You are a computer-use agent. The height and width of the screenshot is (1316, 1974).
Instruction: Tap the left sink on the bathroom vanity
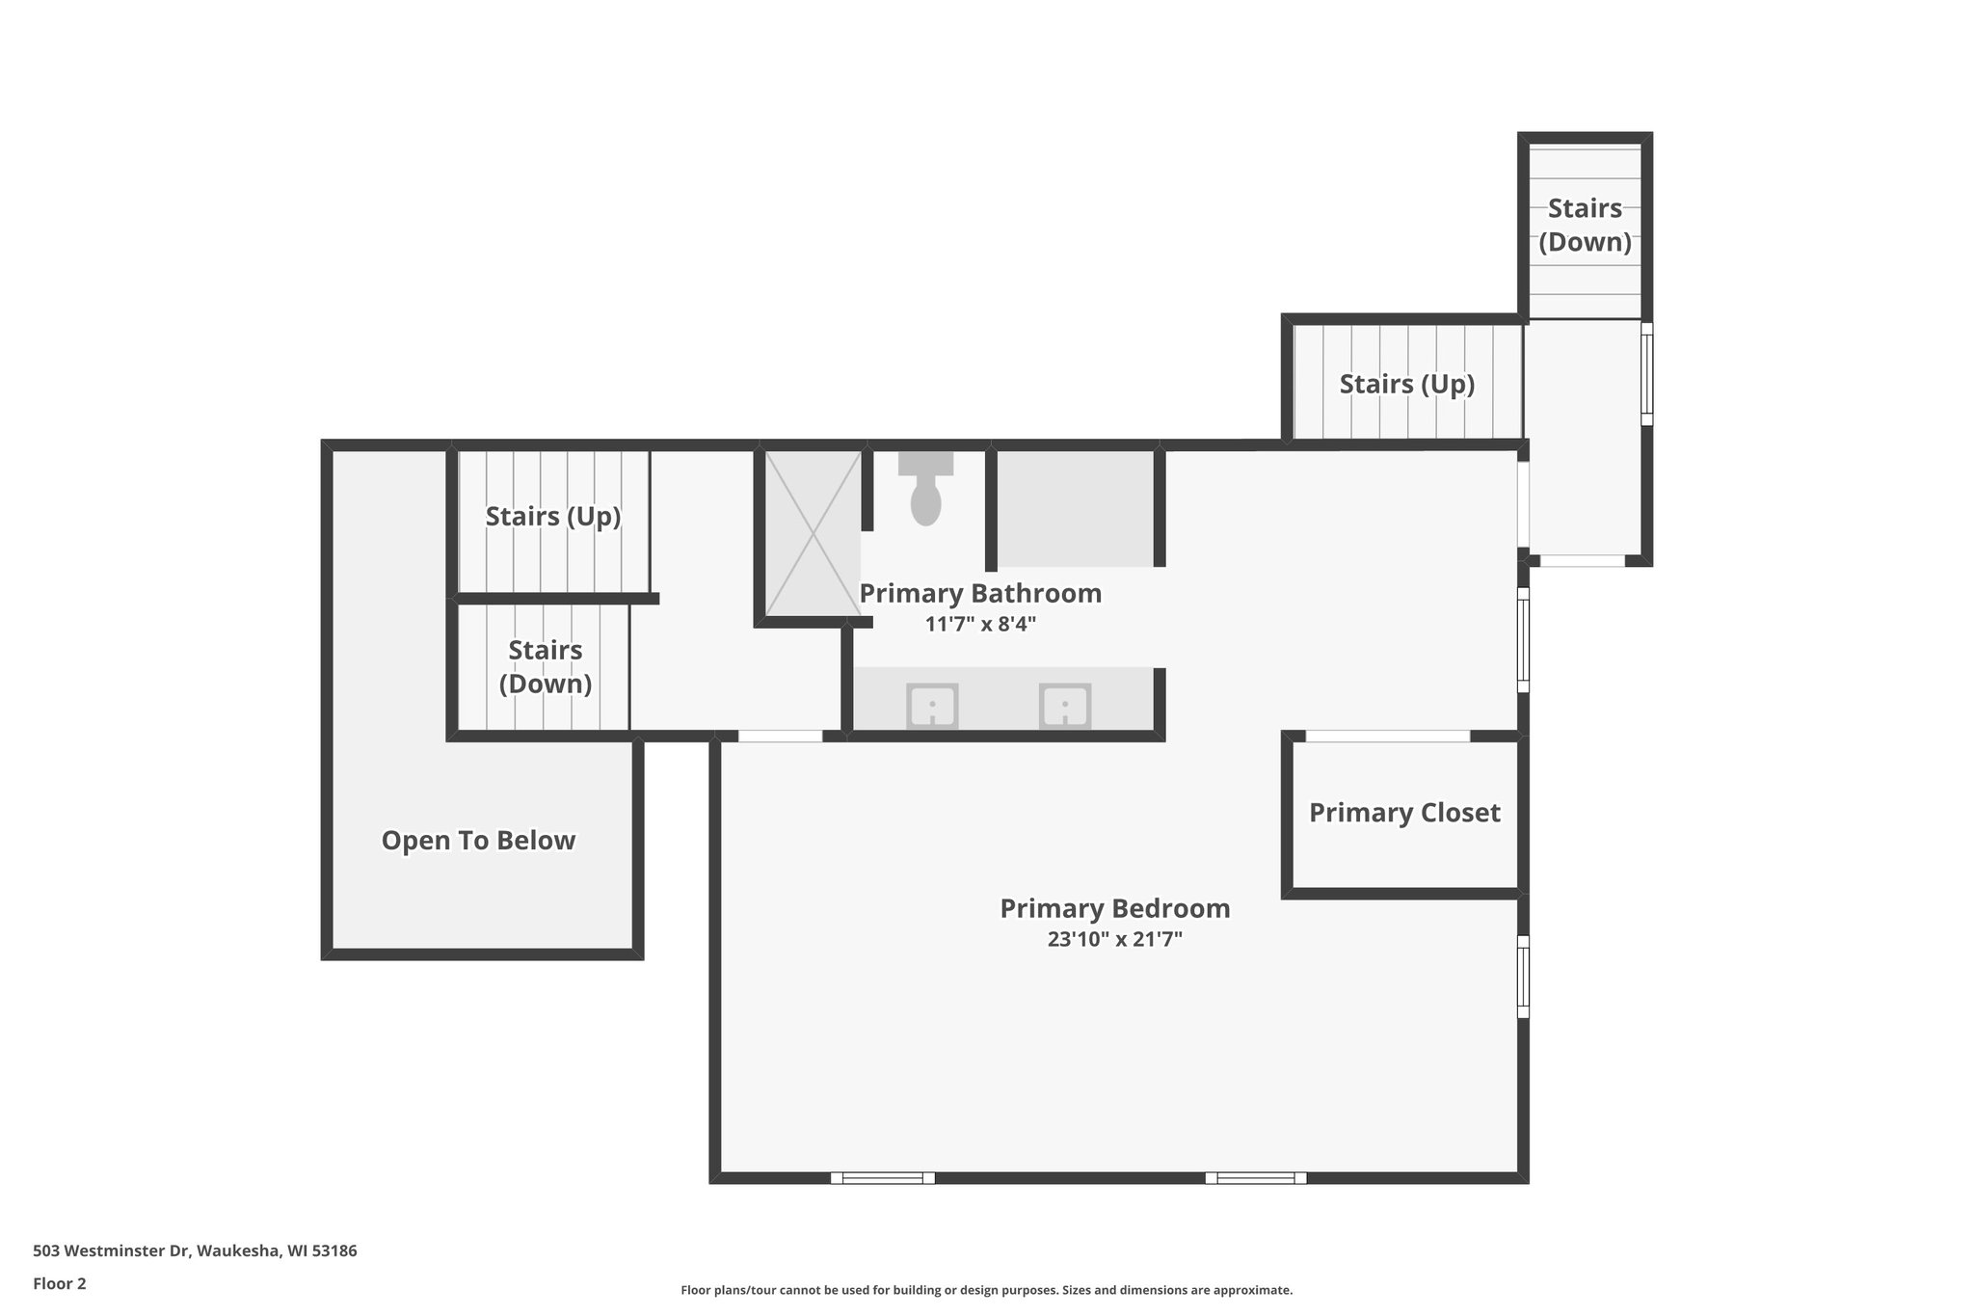[932, 706]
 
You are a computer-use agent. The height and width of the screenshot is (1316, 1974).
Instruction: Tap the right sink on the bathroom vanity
[1064, 706]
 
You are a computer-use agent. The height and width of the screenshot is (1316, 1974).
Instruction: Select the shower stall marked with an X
[813, 532]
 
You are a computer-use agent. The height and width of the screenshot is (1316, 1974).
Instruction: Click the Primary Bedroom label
[1114, 908]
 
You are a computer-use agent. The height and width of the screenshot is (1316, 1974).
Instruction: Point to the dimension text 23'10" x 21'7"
[1114, 939]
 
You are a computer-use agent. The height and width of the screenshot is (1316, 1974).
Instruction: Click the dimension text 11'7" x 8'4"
[979, 624]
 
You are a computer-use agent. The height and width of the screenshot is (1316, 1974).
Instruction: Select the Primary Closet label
[1403, 813]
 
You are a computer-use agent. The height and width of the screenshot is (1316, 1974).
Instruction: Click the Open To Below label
[478, 841]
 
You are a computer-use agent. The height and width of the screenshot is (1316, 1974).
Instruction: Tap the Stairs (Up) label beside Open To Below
[552, 517]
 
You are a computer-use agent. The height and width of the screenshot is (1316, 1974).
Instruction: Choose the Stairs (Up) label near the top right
[1406, 385]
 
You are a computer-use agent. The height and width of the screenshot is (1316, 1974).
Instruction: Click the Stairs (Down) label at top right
[1585, 225]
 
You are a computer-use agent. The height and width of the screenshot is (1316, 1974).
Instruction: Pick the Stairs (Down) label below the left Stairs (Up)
[545, 666]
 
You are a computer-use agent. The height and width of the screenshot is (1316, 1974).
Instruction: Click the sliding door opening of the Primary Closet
[1387, 737]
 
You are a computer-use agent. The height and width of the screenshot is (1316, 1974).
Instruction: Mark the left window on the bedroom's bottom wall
[882, 1177]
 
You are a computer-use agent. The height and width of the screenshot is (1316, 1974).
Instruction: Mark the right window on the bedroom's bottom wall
[1255, 1177]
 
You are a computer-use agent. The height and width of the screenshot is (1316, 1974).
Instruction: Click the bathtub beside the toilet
[1075, 509]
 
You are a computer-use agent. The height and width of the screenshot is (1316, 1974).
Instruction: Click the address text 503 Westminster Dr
[195, 1250]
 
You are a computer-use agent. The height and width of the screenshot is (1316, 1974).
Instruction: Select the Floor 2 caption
[60, 1283]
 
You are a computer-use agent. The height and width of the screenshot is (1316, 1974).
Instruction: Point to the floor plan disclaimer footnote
[986, 1290]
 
